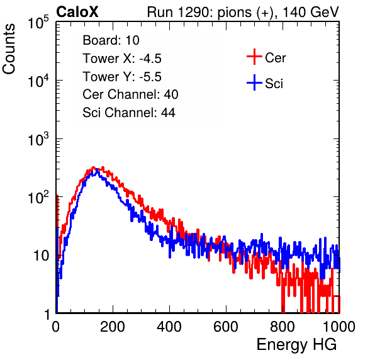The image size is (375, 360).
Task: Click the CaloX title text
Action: (x=77, y=12)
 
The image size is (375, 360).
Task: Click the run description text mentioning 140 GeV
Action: (x=243, y=13)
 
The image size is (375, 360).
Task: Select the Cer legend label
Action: (x=275, y=58)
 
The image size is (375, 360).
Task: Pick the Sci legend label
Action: (x=274, y=84)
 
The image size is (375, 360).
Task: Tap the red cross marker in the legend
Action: (x=254, y=57)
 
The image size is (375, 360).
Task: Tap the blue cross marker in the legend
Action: (x=254, y=82)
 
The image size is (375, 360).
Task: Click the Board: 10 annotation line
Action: (x=111, y=40)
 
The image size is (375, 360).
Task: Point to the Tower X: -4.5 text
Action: (x=122, y=59)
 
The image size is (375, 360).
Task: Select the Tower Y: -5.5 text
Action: (x=122, y=77)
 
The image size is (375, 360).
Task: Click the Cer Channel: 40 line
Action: (x=130, y=94)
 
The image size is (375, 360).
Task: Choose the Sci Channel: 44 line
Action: (x=129, y=113)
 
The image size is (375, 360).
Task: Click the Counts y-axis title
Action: (x=9, y=49)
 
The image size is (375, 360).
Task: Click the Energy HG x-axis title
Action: (x=296, y=345)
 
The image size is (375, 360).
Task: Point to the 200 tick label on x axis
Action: (x=113, y=327)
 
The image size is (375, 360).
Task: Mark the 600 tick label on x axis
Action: (x=226, y=327)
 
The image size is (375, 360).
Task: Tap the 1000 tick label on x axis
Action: (x=339, y=327)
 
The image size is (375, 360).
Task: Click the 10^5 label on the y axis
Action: (x=38, y=23)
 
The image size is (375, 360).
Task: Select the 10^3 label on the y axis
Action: (x=38, y=139)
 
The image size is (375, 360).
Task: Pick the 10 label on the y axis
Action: (x=41, y=256)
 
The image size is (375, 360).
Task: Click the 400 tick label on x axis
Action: (x=169, y=327)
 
